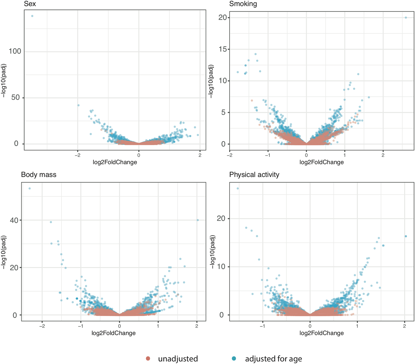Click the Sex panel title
[x=30, y=4]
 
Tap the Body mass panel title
[x=39, y=175]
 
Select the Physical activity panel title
[x=254, y=175]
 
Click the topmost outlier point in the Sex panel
[x=32, y=16]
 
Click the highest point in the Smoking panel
[x=406, y=17]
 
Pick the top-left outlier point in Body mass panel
[x=30, y=189]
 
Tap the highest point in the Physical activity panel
[x=238, y=189]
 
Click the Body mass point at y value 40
[x=198, y=220]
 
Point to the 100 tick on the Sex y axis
[x=15, y=51]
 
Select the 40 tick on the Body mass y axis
[x=14, y=220]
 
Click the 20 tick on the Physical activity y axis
[x=221, y=218]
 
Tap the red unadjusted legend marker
[x=148, y=358]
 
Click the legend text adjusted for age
[x=273, y=359]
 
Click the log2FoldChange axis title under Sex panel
[x=115, y=162]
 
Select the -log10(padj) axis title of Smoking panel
[x=211, y=82]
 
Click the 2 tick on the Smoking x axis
[x=383, y=155]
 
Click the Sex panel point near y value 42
[x=79, y=105]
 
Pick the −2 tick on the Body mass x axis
[x=42, y=326]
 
